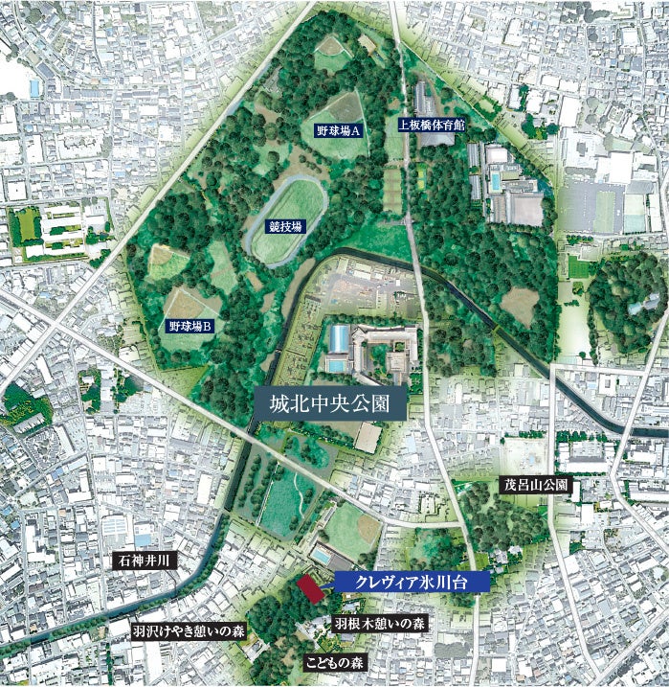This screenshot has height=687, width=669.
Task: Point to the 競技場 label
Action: coord(284,227)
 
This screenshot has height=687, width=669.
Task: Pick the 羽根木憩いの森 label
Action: coord(380,623)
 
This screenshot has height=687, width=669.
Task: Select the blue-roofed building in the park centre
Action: coord(339,337)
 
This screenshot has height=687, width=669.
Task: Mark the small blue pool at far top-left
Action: coord(35,88)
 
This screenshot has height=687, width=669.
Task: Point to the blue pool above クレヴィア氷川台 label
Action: coord(322,557)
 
